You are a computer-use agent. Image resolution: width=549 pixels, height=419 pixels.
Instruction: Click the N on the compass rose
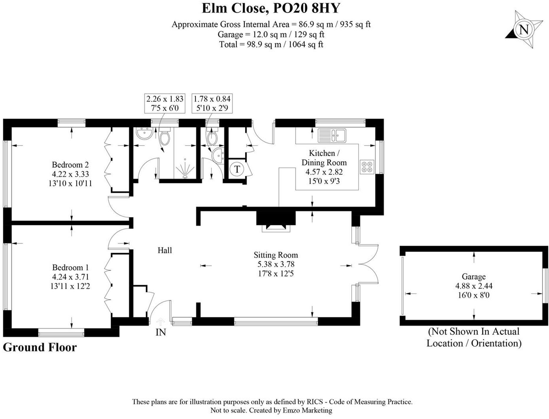click(523, 30)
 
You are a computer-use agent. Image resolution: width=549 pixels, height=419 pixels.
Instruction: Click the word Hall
click(165, 250)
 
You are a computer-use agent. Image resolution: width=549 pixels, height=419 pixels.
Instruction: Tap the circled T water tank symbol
click(237, 169)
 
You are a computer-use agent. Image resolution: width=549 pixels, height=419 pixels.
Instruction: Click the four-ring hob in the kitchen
click(367, 167)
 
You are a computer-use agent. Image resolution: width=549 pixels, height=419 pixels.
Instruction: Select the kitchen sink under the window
click(332, 135)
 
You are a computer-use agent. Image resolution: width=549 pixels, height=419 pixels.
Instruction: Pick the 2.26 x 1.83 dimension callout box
click(165, 103)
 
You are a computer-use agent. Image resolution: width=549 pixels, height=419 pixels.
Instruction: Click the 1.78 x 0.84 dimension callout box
click(212, 103)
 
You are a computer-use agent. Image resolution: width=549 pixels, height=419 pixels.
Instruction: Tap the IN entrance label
click(161, 332)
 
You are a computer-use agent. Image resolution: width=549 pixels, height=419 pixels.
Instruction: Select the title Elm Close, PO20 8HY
click(271, 8)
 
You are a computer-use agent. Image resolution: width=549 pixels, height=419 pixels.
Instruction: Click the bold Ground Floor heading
click(40, 347)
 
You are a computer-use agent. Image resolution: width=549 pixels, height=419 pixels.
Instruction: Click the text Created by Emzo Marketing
click(291, 410)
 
